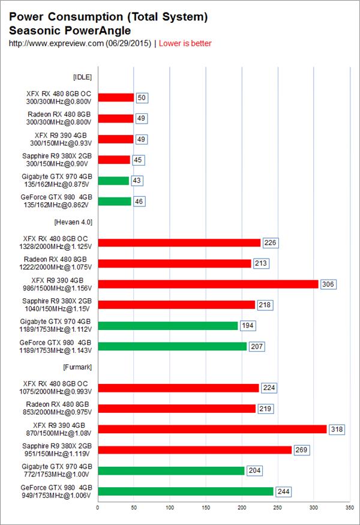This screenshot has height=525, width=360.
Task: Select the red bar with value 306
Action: pyautogui.click(x=208, y=284)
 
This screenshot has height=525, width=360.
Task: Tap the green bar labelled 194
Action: pyautogui.click(x=167, y=325)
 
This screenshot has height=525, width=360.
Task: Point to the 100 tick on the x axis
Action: pyautogui.click(x=170, y=506)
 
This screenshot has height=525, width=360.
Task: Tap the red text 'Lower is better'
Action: pyautogui.click(x=185, y=43)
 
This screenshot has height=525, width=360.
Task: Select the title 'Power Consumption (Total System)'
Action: pyautogui.click(x=108, y=17)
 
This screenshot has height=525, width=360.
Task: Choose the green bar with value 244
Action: pyautogui.click(x=185, y=491)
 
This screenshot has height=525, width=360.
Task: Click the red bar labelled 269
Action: pyautogui.click(x=194, y=450)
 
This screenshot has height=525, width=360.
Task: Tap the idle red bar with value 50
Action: pyautogui.click(x=116, y=97)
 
